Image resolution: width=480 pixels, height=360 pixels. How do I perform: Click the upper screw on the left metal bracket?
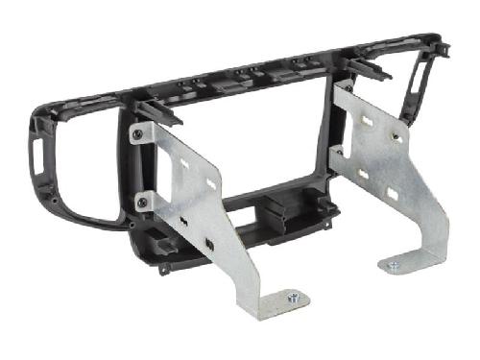pos(140,135)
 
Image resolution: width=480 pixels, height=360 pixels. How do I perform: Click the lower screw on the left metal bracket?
pos(142,201)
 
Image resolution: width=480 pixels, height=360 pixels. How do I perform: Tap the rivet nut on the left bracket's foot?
pos(294,298)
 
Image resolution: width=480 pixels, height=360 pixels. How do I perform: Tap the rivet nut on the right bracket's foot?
pos(394,264)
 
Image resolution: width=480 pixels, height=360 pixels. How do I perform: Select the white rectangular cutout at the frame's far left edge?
pos(37,157)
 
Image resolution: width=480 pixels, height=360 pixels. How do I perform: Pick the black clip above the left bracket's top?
pos(158,112)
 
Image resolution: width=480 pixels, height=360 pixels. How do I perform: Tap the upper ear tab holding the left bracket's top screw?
pos(140,131)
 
